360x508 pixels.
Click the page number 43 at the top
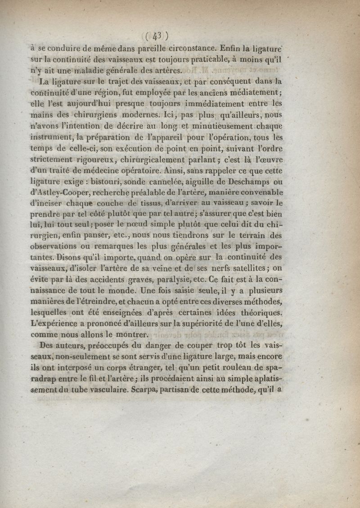click(157, 35)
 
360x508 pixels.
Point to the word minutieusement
click(220, 127)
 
